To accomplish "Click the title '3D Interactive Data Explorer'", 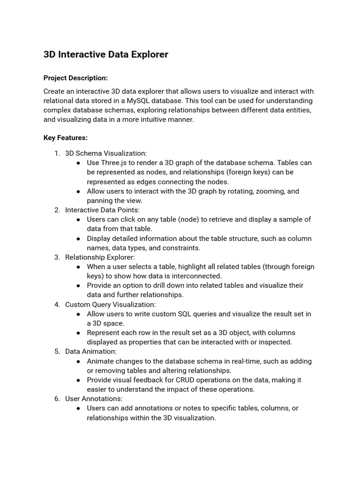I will [x=105, y=54].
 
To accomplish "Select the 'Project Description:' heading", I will [x=75, y=78].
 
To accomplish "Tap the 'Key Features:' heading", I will [x=66, y=138].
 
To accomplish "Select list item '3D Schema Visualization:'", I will [x=105, y=153].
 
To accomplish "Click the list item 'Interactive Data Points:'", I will [x=102, y=210].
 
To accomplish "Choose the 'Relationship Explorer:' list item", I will [x=100, y=257].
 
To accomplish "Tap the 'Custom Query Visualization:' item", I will [x=110, y=305].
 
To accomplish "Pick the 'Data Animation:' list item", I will [x=91, y=352].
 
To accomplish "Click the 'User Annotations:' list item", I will [x=94, y=399].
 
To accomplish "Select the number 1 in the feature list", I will [x=56, y=153].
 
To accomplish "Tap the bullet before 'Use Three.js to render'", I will [x=78, y=163].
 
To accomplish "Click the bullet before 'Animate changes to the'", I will [x=78, y=361].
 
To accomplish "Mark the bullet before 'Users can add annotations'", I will [x=78, y=408].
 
